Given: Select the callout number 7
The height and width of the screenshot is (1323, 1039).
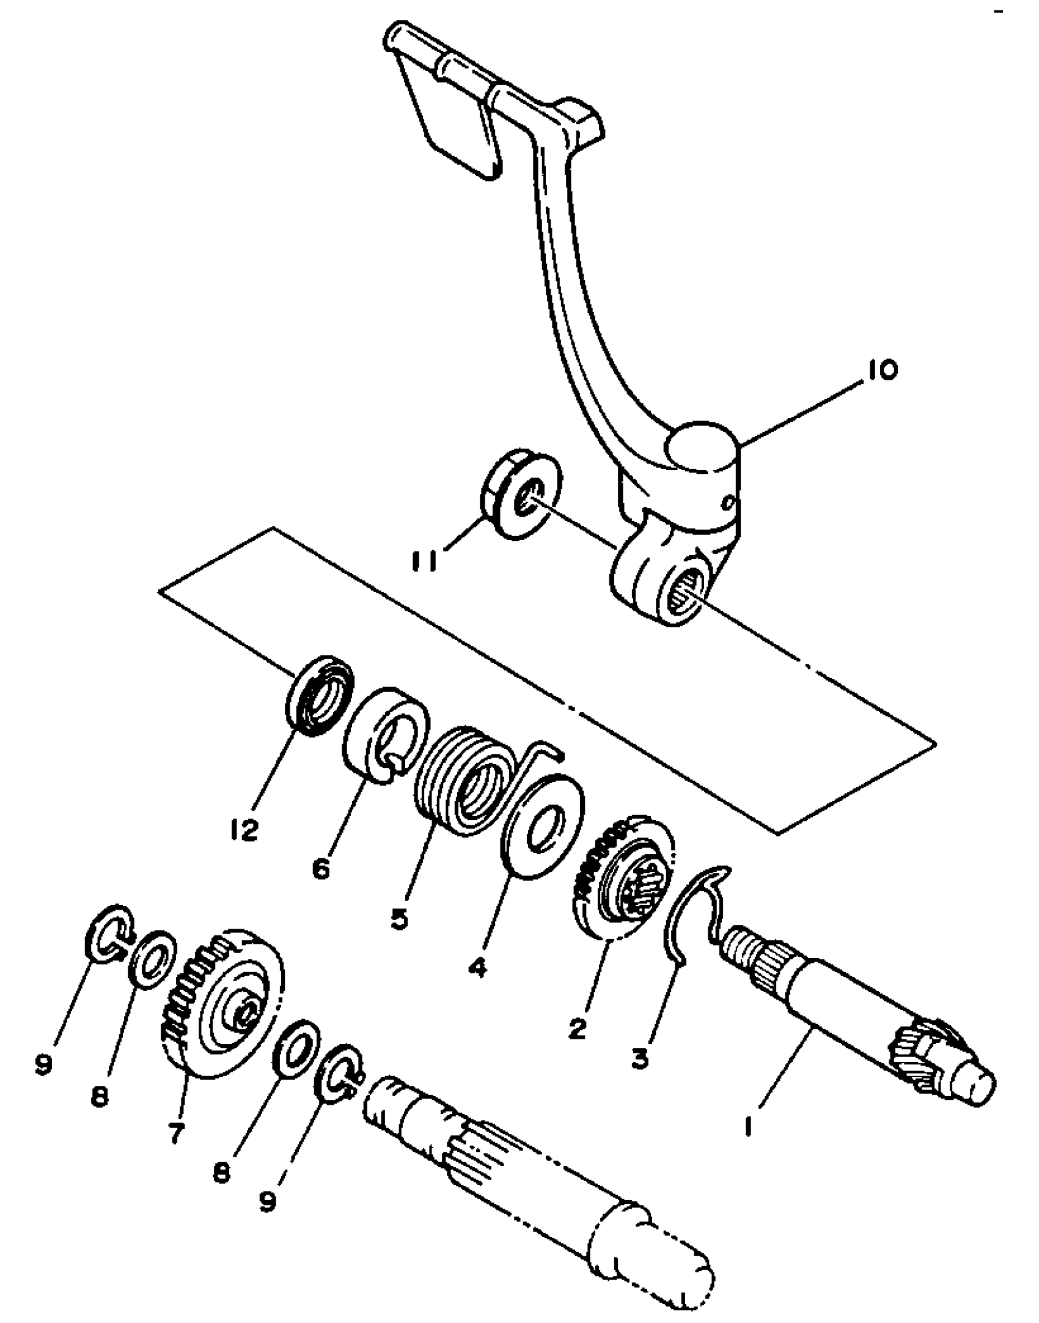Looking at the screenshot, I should pos(175,1133).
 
